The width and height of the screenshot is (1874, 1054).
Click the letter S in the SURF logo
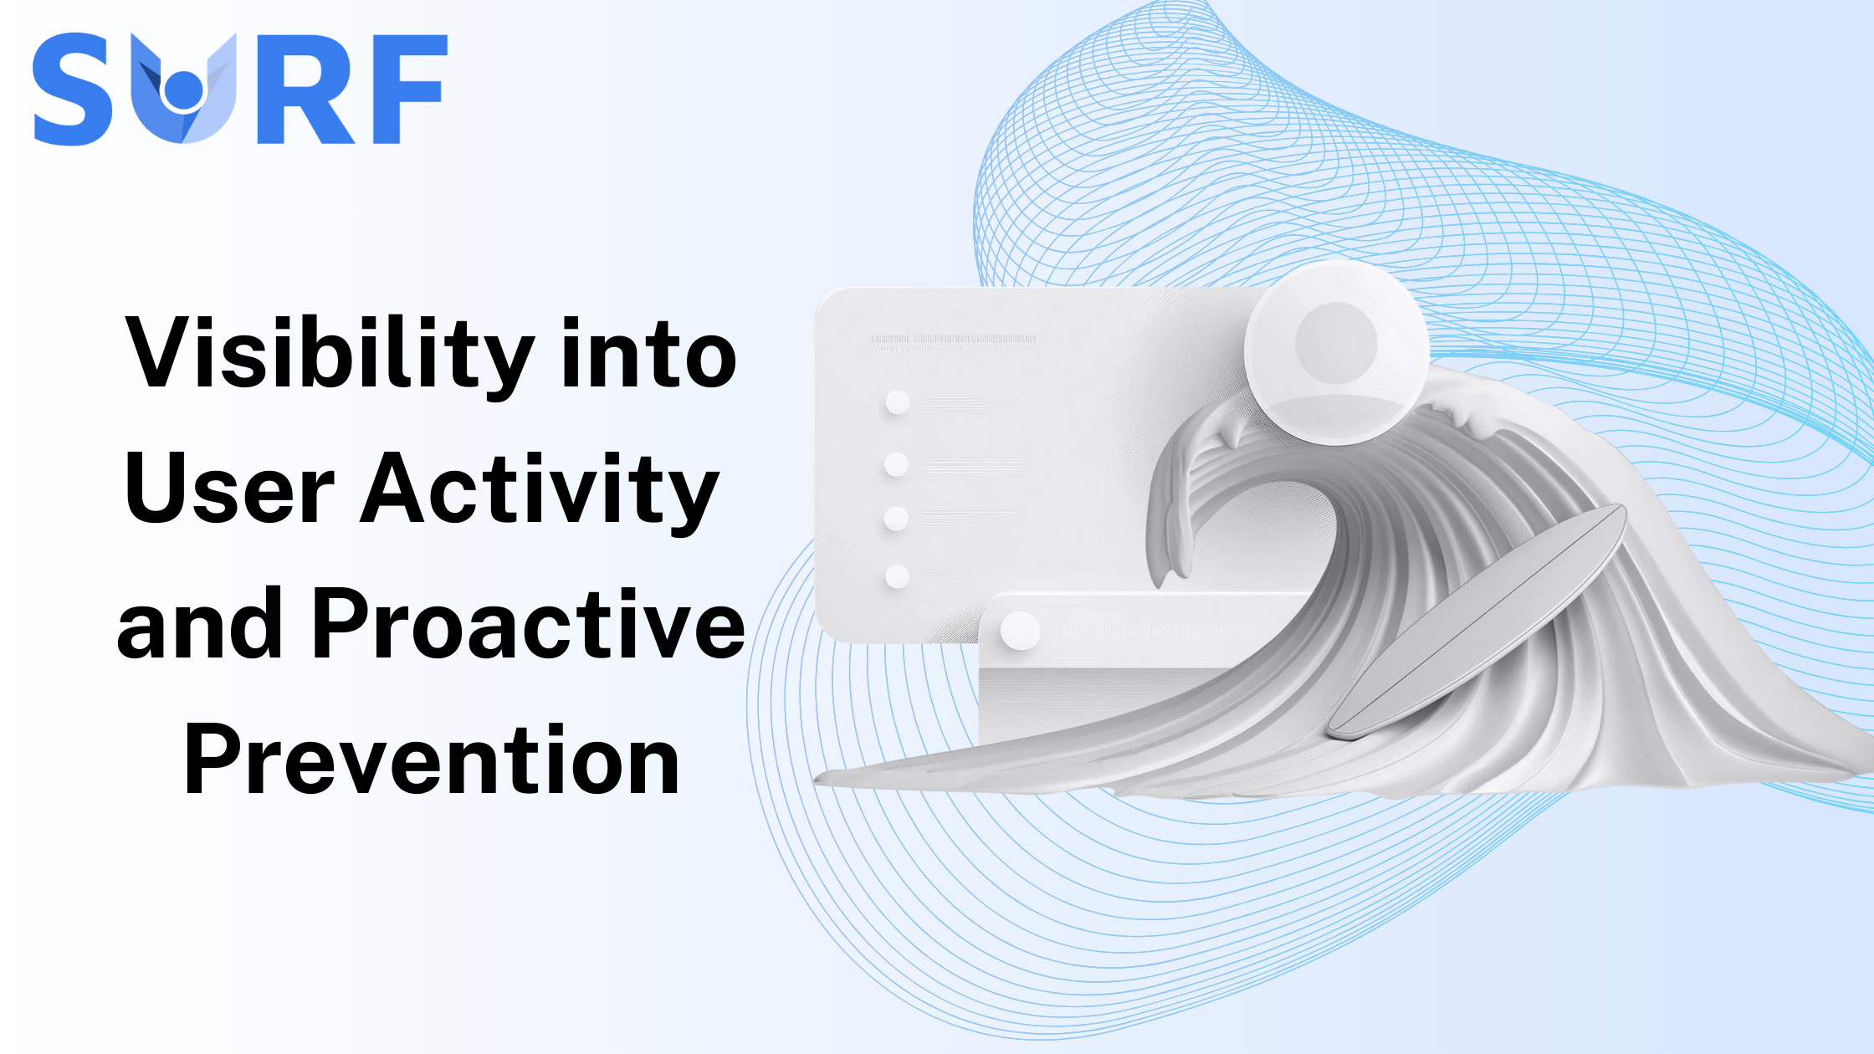(74, 89)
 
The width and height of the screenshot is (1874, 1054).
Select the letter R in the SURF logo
(308, 89)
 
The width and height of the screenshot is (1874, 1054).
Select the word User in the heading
(230, 489)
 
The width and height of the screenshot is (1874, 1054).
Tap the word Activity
(540, 489)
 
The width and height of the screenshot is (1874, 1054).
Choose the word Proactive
(527, 624)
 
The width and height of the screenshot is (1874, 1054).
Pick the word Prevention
(432, 760)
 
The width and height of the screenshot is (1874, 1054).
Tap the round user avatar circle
(1336, 351)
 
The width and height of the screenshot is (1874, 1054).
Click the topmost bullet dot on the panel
(898, 402)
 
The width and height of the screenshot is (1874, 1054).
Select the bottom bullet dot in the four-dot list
(897, 576)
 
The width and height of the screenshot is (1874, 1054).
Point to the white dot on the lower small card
(1020, 631)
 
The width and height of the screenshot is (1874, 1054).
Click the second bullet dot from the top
(897, 463)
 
